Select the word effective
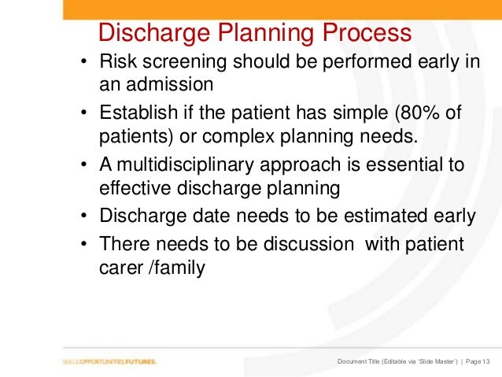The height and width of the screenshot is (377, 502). (x=135, y=187)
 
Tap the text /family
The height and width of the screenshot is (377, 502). (x=180, y=268)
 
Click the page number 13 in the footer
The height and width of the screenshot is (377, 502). (x=485, y=361)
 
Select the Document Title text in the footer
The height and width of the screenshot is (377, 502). (x=363, y=361)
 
